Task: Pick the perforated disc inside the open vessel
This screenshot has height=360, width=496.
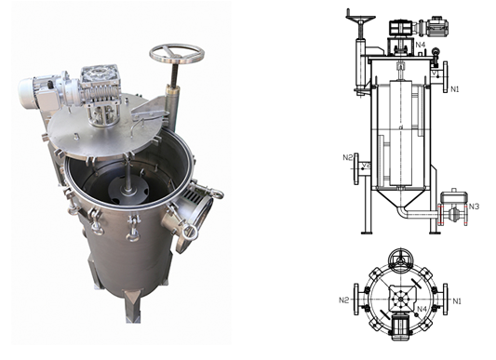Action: pos(127,189)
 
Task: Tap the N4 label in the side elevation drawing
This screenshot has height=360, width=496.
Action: pos(421,45)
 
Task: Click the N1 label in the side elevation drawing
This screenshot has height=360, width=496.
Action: pos(454,89)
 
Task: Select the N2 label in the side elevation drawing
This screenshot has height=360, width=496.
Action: pos(348,157)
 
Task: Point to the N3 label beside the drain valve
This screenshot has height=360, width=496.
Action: pos(474,207)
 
